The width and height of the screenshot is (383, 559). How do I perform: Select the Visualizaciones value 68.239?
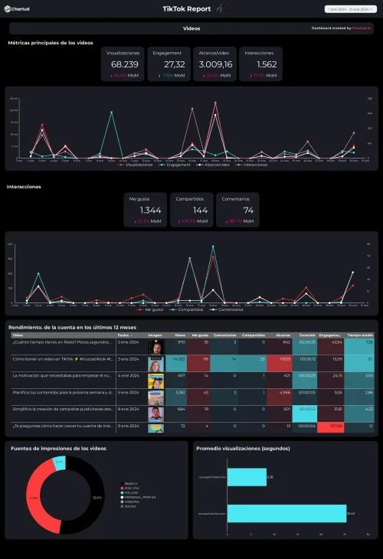click(125, 65)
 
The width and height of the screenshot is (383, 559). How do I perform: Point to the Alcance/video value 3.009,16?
click(214, 65)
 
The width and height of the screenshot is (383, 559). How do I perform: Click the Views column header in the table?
click(180, 335)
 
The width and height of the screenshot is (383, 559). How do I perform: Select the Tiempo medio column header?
click(360, 335)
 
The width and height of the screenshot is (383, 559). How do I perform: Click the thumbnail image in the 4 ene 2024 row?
click(155, 377)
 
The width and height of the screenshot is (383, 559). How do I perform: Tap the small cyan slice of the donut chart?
click(60, 463)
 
